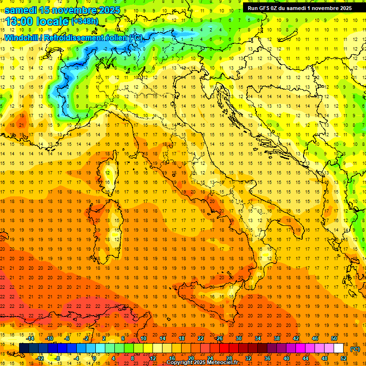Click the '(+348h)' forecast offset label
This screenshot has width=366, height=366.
pos(85,21)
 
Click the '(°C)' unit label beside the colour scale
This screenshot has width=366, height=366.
pos(355,349)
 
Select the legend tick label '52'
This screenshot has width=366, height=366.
pos(344,358)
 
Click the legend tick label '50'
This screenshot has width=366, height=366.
pos(334,338)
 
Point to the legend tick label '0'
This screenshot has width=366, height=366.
pos(95,358)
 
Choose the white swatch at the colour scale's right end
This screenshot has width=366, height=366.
pos(339,348)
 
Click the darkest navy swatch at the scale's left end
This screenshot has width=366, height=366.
pos(24,348)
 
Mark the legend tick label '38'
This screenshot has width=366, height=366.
pos(277,338)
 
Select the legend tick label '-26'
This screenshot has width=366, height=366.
pos(219,338)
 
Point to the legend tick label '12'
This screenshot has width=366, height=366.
pos(153,358)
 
